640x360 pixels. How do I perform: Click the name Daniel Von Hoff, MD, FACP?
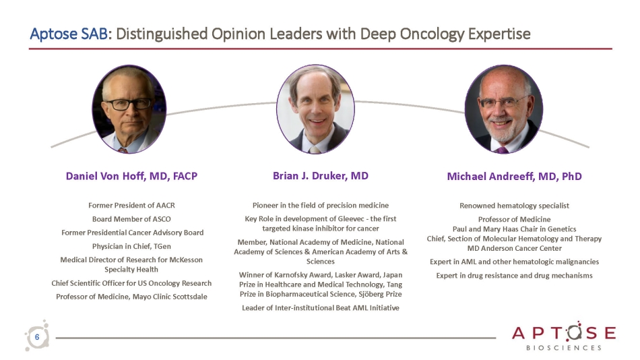click(131, 176)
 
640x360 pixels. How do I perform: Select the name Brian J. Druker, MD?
click(320, 175)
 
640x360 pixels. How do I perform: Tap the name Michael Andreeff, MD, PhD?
click(514, 176)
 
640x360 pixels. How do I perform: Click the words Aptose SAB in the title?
click(67, 34)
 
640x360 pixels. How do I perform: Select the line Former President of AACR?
click(131, 205)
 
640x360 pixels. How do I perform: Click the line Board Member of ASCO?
click(131, 219)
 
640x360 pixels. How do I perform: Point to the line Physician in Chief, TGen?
click(131, 246)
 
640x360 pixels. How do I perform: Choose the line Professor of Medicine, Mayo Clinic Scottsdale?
click(131, 297)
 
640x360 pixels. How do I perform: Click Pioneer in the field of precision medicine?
click(321, 205)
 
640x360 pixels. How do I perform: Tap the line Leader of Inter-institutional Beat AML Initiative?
click(321, 307)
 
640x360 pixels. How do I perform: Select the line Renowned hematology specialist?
click(514, 205)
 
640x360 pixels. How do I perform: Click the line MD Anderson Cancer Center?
click(514, 247)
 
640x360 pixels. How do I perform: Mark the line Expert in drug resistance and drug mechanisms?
click(514, 275)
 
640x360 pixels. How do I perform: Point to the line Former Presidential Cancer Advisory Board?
click(131, 233)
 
